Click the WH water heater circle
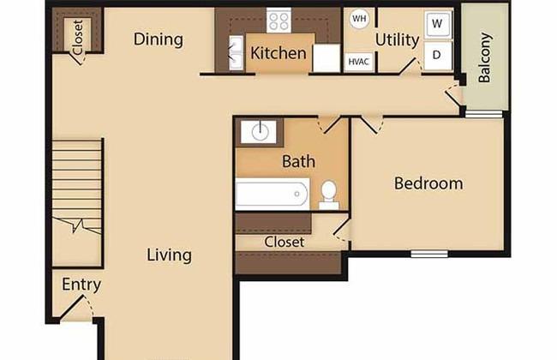(359, 18)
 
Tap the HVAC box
(358, 62)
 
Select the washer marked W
(438, 24)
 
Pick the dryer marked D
(438, 56)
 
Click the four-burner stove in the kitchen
(278, 21)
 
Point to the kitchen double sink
(236, 53)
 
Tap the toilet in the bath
(328, 195)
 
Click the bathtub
(273, 194)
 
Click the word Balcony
(484, 57)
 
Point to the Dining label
(159, 39)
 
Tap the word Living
(169, 255)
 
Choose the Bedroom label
(428, 183)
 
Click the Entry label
(81, 285)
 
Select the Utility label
(397, 39)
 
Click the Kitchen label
(278, 53)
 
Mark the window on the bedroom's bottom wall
(429, 254)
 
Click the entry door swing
(76, 307)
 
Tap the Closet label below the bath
(284, 242)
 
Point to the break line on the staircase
(77, 225)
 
